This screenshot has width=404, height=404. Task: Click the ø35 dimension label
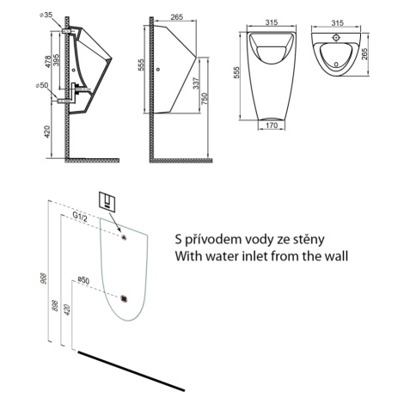coord(46,15)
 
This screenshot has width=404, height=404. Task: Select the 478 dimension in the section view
coord(48,61)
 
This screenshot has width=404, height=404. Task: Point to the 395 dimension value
coord(56,60)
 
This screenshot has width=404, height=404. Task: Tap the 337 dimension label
coord(196,83)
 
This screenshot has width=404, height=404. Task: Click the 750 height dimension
coord(205,98)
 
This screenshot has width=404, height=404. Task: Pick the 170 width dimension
coord(272,125)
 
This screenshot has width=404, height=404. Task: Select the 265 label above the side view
coord(176,17)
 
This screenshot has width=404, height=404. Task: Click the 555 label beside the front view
coord(236,73)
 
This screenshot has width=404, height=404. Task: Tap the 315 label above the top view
coord(337,22)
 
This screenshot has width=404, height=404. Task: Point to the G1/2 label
coord(80,217)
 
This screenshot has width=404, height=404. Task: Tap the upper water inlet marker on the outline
coord(124,236)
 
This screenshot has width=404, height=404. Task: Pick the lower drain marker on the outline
coord(124,298)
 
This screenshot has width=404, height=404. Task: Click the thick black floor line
coord(132,370)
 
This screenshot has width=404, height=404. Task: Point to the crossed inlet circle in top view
coord(336,37)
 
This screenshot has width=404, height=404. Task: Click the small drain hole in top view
coord(336,64)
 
